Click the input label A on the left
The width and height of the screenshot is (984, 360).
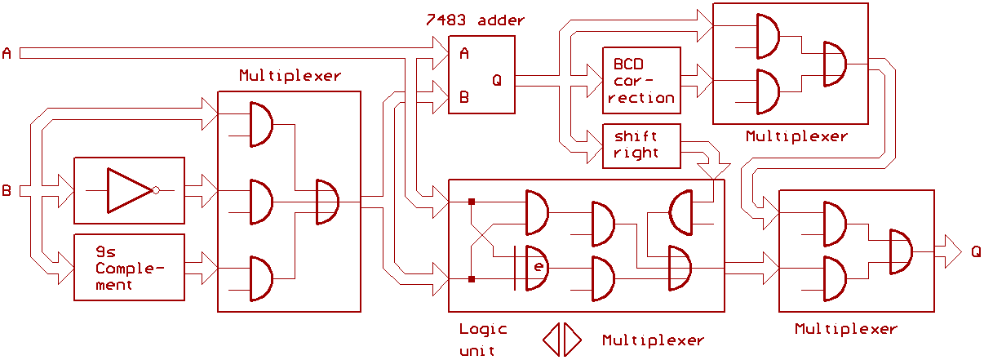click(7, 54)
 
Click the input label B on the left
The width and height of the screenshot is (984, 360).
click(7, 192)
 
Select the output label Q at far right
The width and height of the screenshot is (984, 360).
click(976, 251)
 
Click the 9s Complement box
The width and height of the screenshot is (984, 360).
click(129, 267)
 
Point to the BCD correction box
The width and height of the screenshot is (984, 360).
click(640, 80)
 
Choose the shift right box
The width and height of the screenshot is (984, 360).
click(640, 144)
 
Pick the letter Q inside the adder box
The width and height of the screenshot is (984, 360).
click(497, 80)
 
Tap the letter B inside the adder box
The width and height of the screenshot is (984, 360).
click(463, 97)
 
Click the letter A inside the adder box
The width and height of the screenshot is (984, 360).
click(463, 55)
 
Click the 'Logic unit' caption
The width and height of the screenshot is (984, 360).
click(482, 340)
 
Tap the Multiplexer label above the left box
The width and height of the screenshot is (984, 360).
click(290, 76)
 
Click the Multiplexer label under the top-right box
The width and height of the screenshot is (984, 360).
click(796, 136)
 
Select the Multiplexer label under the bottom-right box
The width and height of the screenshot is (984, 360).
click(845, 329)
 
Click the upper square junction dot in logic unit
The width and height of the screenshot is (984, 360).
click(472, 200)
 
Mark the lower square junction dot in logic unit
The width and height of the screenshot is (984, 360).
click(472, 280)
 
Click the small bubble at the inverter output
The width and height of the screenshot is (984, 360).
click(156, 190)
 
